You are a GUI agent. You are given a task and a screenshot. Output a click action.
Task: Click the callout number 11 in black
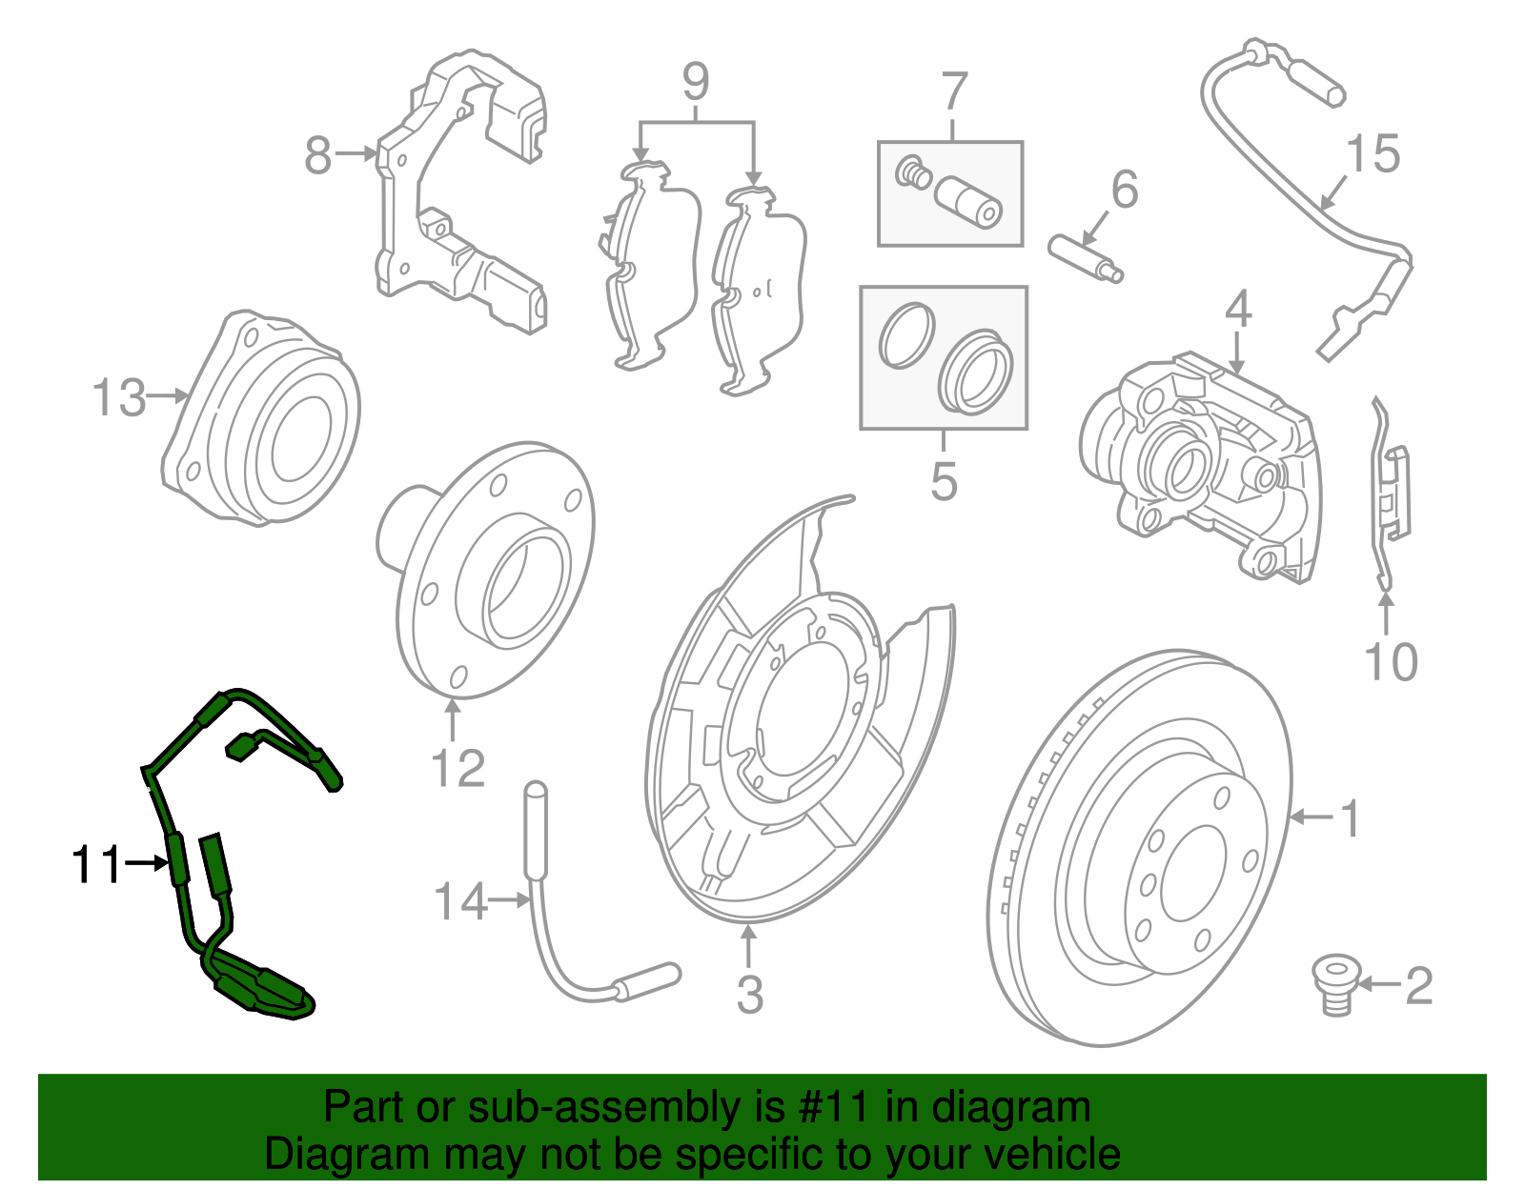tap(97, 864)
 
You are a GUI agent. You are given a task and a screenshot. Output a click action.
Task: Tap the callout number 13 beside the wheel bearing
tap(120, 397)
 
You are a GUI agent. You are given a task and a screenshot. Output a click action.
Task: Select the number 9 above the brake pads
tap(696, 82)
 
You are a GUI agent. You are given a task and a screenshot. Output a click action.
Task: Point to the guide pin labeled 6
tap(1087, 259)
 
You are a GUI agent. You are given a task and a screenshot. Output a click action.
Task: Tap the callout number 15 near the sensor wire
tap(1372, 154)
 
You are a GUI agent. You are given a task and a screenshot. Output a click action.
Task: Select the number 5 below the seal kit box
tap(944, 481)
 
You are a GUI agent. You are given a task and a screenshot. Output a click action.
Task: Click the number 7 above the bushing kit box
tap(954, 92)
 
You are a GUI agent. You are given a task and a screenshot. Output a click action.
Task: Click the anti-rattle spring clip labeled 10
tap(1390, 495)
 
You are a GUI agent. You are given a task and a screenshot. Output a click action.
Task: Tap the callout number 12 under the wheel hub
tap(457, 768)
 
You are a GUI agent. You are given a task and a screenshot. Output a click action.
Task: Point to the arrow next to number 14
tap(509, 899)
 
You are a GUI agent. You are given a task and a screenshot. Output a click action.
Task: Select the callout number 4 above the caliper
tap(1237, 310)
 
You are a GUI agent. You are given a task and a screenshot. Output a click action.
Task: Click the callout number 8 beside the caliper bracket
tap(318, 154)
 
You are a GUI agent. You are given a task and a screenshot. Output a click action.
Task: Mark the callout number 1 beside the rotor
tap(1350, 818)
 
